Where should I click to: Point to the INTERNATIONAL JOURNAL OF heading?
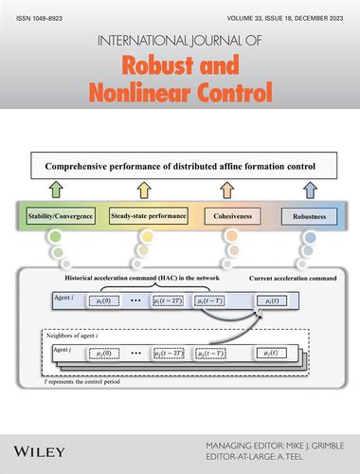coord(180,40)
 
